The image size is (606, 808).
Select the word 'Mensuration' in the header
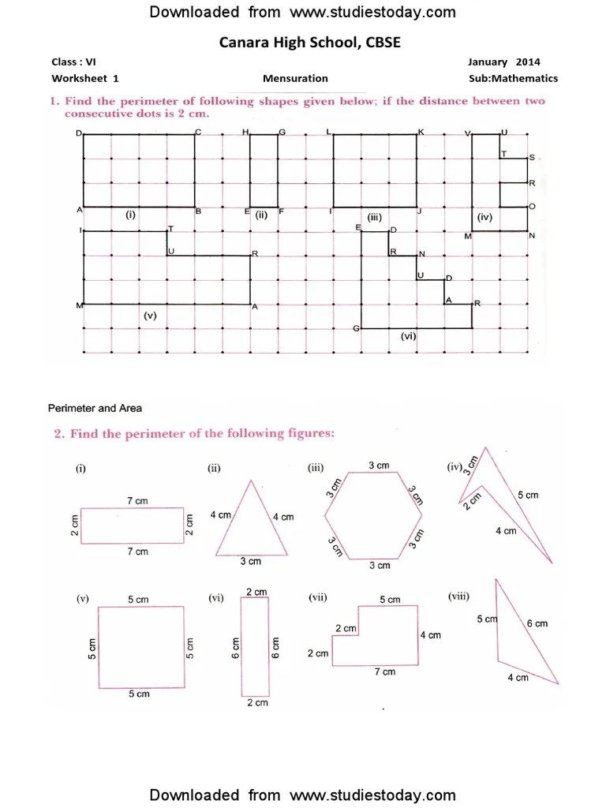(x=295, y=79)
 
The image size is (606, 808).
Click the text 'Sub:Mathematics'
(x=513, y=79)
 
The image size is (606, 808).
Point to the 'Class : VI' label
(x=74, y=62)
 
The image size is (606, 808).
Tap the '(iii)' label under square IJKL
(x=374, y=215)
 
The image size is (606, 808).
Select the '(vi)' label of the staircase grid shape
(x=408, y=335)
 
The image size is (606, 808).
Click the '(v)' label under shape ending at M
(x=151, y=315)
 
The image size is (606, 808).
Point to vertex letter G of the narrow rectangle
(x=282, y=132)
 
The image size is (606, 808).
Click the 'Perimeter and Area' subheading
(x=95, y=409)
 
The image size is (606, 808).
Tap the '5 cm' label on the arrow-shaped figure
(x=528, y=495)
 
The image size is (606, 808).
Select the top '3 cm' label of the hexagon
(x=380, y=466)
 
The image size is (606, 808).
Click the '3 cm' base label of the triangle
(x=250, y=562)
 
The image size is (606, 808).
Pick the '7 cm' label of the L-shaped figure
(x=385, y=671)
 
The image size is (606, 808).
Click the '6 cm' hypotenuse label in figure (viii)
(x=537, y=623)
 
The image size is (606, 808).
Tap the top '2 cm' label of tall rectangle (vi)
(x=256, y=592)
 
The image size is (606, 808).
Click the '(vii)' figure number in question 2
(x=318, y=598)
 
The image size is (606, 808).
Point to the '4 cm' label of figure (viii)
(x=518, y=678)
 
